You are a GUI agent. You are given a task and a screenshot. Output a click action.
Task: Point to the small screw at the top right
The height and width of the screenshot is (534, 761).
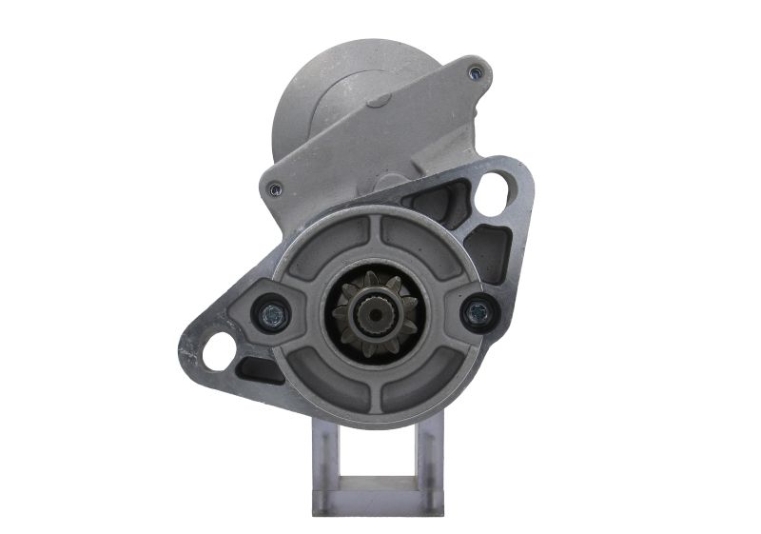(476, 69)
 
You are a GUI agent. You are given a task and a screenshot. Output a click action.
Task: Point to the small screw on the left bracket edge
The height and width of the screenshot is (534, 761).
(275, 188)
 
